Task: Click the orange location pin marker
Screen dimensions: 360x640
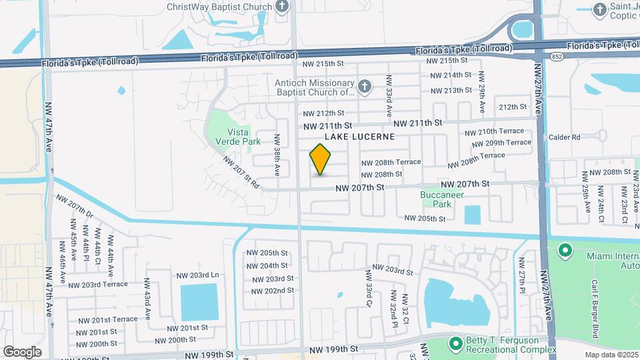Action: tap(321, 159)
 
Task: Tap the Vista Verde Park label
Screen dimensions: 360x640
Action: tap(233, 137)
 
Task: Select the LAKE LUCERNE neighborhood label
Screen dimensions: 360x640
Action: tap(359, 136)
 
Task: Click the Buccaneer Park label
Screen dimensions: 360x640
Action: tap(442, 199)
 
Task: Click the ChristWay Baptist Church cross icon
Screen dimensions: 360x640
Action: tap(282, 7)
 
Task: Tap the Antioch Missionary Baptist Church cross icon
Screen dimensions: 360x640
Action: tap(364, 86)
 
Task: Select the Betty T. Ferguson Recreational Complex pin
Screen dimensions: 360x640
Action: tap(456, 343)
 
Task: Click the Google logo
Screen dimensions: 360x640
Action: tap(22, 351)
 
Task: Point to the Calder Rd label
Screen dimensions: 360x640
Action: tap(565, 137)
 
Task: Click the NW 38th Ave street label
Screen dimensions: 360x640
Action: tap(277, 154)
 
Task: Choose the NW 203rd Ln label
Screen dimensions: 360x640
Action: tap(197, 275)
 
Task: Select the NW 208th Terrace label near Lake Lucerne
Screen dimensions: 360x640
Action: tap(391, 162)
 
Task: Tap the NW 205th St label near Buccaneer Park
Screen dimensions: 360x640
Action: tap(425, 218)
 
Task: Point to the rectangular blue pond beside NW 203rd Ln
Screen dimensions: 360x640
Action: tap(199, 301)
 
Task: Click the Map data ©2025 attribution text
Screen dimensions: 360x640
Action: tap(611, 354)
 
